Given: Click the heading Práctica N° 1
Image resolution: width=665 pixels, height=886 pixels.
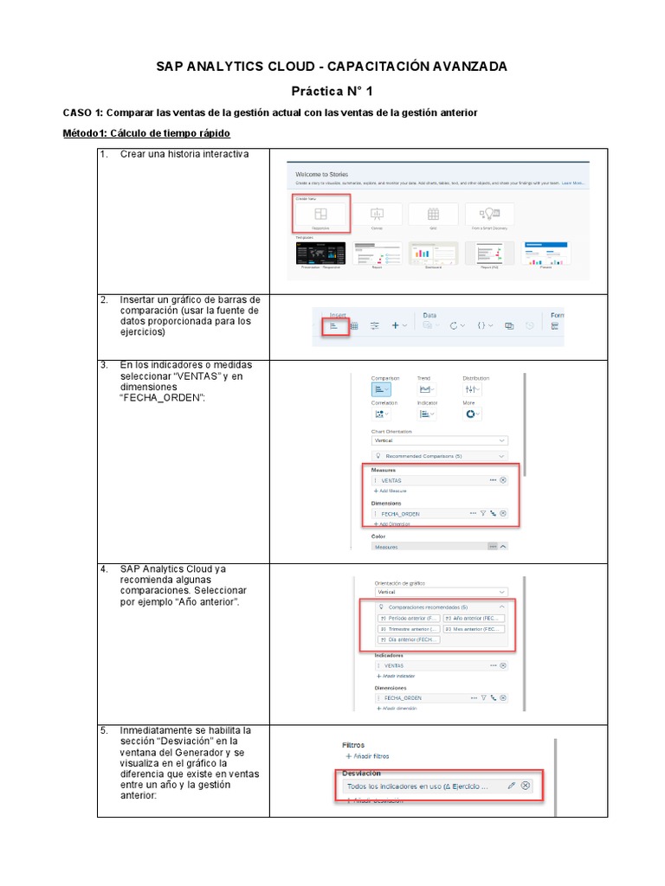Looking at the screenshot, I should (x=332, y=91).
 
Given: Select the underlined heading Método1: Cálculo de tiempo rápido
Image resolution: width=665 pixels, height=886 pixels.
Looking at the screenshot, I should (x=146, y=133).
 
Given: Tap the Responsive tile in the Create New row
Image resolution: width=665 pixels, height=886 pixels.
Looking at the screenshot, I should (x=320, y=214).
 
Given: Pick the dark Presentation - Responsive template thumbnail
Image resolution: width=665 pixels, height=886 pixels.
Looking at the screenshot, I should (x=320, y=254).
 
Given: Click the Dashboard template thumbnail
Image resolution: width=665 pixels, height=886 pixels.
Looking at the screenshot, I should (x=432, y=254).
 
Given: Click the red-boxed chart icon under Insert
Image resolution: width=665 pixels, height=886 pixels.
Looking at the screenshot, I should (x=333, y=326).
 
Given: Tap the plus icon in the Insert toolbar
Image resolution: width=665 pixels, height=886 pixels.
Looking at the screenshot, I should (x=395, y=325).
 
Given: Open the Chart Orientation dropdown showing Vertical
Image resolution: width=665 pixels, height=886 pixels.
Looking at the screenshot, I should (x=439, y=440).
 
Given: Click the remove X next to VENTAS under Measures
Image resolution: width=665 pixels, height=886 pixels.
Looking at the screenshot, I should (x=503, y=479).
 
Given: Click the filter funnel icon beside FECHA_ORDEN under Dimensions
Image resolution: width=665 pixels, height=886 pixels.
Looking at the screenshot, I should (x=483, y=513).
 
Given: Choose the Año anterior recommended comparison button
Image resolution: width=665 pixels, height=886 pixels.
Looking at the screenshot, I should (x=474, y=619).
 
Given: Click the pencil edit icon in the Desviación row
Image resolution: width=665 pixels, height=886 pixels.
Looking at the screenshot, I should (x=511, y=786).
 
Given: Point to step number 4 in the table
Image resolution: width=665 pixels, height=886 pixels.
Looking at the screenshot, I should (x=104, y=569).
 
